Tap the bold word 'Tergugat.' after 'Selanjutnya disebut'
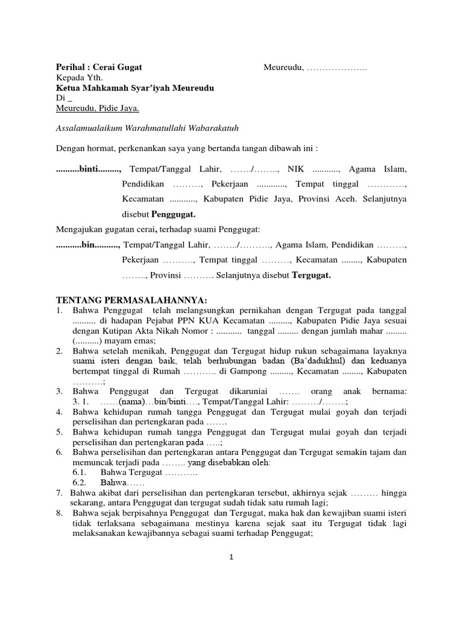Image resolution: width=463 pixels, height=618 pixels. point(312,276)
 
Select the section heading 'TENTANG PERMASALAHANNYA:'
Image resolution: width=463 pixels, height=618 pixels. point(132,300)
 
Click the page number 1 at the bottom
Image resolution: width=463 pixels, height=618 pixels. point(231,558)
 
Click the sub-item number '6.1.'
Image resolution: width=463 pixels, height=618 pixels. point(81,473)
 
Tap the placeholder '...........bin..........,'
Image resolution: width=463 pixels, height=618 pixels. point(88,245)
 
